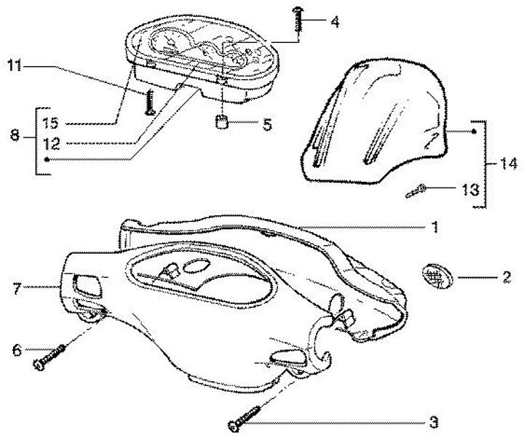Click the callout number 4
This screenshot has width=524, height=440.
pyautogui.click(x=334, y=21)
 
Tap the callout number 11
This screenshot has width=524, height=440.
pyautogui.click(x=14, y=67)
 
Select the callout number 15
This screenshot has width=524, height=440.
pyautogui.click(x=49, y=121)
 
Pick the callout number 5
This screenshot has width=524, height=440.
pyautogui.click(x=266, y=124)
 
